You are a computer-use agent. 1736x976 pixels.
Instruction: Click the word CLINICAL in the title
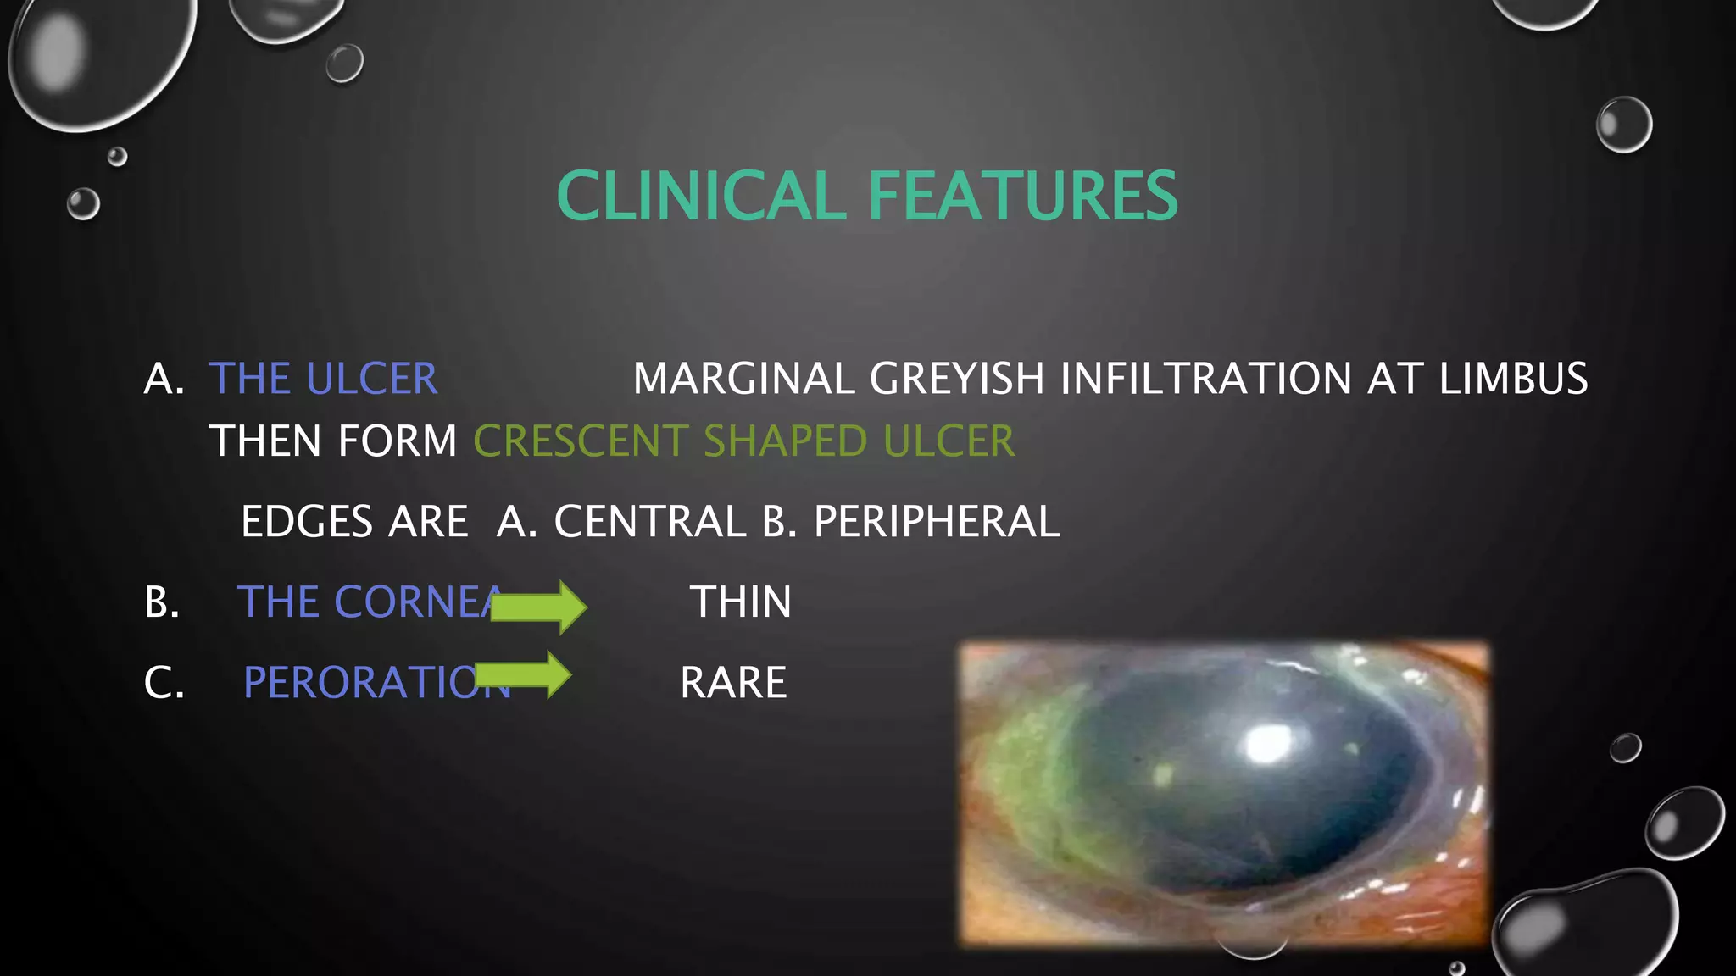click(700, 196)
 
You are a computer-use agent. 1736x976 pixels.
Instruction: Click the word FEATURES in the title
click(1022, 196)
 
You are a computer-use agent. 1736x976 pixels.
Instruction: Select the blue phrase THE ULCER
click(323, 378)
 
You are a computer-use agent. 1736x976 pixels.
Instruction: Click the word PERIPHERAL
click(936, 521)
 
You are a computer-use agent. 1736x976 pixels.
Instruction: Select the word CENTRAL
click(649, 521)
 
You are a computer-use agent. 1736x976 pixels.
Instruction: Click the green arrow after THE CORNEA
click(539, 607)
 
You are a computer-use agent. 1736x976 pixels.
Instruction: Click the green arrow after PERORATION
click(524, 675)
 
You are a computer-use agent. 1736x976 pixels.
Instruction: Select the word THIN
click(741, 602)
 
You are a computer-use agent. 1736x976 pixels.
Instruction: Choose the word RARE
click(733, 682)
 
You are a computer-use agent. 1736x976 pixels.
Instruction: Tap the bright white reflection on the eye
click(1269, 745)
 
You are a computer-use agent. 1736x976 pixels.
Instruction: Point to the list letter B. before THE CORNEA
click(161, 602)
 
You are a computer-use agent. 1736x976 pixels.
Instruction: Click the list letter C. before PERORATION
click(164, 682)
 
